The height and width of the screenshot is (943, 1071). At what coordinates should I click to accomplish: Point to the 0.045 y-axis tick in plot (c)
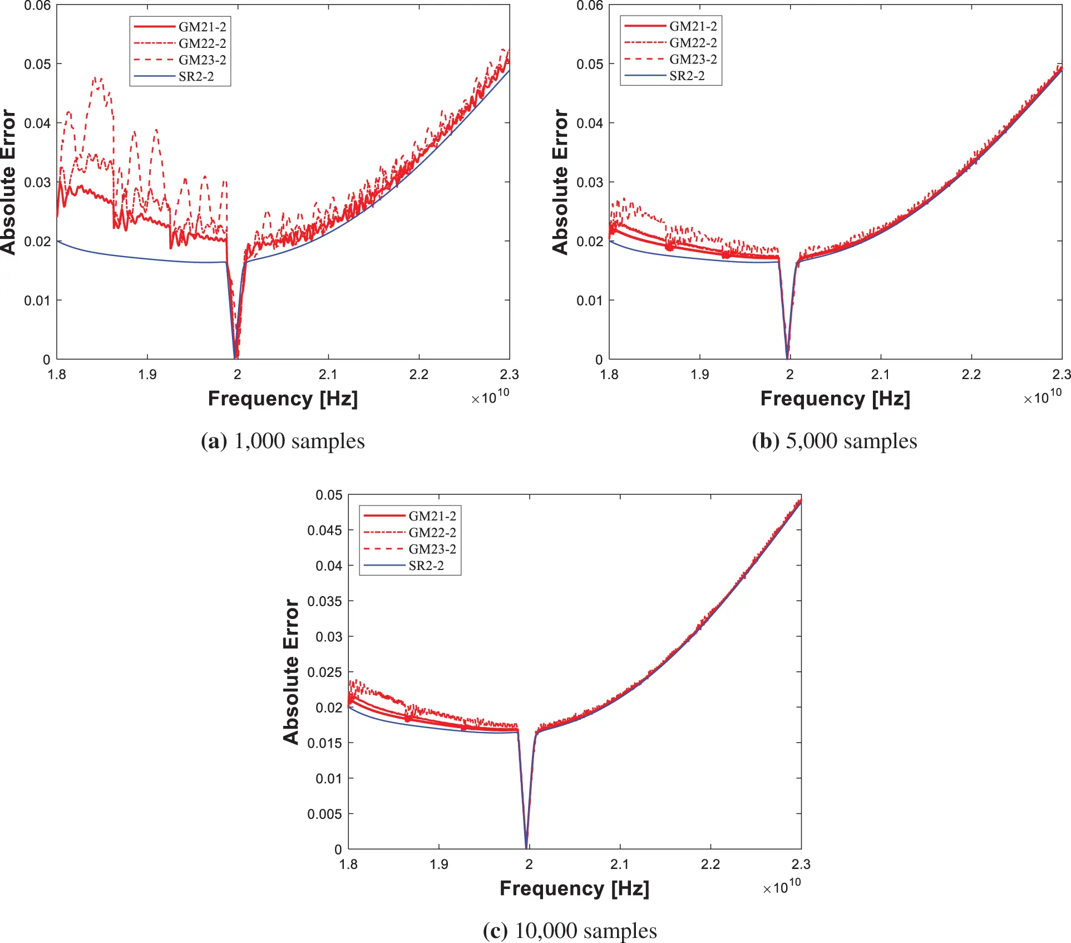pyautogui.click(x=324, y=530)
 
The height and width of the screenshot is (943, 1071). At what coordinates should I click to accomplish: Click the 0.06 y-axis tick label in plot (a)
pyautogui.click(x=37, y=6)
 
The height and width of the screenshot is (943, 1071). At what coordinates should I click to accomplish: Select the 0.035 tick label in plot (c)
pyautogui.click(x=324, y=601)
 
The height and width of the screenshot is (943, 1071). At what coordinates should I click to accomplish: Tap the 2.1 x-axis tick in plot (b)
pyautogui.click(x=880, y=374)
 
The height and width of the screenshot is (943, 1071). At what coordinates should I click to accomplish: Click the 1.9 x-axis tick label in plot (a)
pyautogui.click(x=147, y=374)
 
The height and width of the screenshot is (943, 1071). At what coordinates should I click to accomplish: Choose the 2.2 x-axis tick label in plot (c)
pyautogui.click(x=710, y=864)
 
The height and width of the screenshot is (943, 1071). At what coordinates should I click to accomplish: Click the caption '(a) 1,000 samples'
pyautogui.click(x=283, y=441)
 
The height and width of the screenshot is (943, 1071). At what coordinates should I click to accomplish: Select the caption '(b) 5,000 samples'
pyautogui.click(x=834, y=441)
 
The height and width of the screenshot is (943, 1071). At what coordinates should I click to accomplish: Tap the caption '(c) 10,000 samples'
pyautogui.click(x=570, y=931)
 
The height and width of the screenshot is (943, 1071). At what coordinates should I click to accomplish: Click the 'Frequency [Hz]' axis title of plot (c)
pyautogui.click(x=574, y=888)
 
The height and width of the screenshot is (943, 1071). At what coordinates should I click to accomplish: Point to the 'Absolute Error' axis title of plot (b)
pyautogui.click(x=560, y=182)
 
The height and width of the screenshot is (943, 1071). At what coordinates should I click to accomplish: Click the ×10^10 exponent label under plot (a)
pyautogui.click(x=490, y=396)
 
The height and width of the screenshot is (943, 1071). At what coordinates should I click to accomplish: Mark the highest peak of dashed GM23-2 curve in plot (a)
pyautogui.click(x=97, y=78)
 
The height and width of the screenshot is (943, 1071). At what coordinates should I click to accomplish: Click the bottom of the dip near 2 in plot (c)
pyautogui.click(x=526, y=846)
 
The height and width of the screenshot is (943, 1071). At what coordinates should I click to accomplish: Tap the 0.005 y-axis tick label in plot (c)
pyautogui.click(x=324, y=814)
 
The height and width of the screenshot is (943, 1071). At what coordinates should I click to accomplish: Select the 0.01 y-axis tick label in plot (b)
pyautogui.click(x=589, y=301)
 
